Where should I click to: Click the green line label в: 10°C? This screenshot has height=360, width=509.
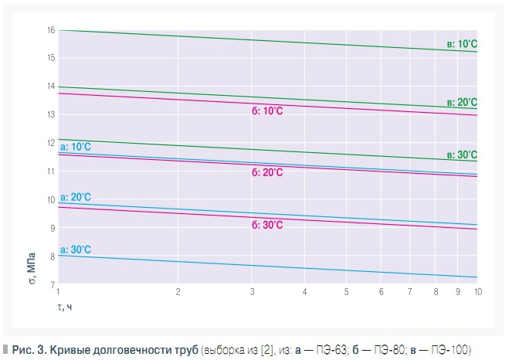[x=463, y=44]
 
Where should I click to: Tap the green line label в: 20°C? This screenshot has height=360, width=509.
[x=463, y=102]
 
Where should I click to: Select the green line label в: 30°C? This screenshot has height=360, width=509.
[x=463, y=155]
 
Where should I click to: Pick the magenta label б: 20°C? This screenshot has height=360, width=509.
[x=267, y=172]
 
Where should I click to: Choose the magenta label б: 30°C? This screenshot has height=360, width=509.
[x=267, y=225]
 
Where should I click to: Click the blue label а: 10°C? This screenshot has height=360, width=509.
[x=76, y=145]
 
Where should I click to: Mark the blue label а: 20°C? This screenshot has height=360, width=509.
[x=76, y=198]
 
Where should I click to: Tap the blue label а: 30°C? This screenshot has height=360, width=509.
[x=76, y=250]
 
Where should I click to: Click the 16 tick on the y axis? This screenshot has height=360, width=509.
[x=51, y=30]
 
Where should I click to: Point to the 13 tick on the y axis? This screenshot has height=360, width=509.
[x=51, y=115]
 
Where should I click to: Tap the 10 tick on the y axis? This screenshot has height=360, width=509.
[x=51, y=200]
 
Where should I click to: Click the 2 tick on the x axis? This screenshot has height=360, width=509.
[x=178, y=292]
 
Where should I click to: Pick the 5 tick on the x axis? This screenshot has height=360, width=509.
[x=346, y=292]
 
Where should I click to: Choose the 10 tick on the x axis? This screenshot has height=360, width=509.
[x=478, y=292]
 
